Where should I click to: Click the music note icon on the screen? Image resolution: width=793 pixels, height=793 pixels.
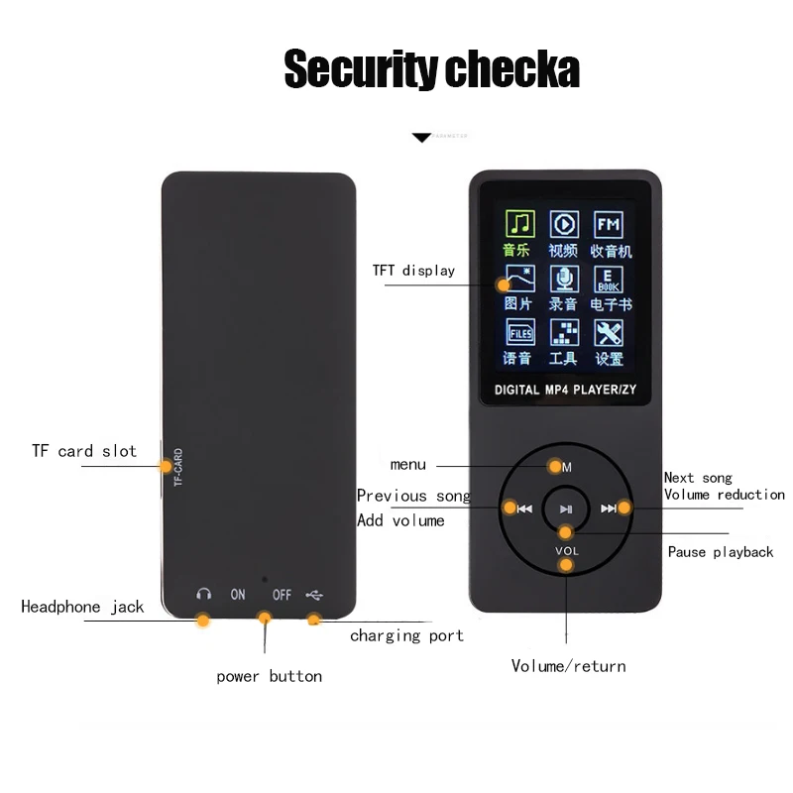click(519, 224)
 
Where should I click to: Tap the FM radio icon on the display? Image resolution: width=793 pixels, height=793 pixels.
click(609, 224)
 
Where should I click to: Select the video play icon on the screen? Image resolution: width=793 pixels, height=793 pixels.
click(564, 224)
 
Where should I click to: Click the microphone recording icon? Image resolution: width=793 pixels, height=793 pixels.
click(564, 279)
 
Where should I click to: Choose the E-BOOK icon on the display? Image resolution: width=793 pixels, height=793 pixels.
click(609, 279)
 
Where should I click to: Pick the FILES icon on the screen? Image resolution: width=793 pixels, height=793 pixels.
click(519, 332)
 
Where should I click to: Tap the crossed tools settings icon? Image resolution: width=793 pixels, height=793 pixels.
click(609, 332)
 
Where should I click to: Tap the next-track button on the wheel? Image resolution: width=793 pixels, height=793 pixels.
click(609, 509)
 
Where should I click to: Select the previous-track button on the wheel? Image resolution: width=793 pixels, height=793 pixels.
click(524, 509)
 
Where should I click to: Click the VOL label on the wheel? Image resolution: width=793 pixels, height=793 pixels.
click(566, 550)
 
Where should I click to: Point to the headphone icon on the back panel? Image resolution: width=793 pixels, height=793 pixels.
click(203, 595)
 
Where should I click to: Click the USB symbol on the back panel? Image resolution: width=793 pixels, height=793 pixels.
click(314, 595)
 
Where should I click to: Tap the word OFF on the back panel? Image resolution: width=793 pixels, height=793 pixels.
click(282, 595)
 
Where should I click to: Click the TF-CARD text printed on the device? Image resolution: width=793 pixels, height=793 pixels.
click(178, 466)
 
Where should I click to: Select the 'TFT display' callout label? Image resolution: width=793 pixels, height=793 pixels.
click(413, 270)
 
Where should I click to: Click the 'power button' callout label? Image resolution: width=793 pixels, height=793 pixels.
click(269, 676)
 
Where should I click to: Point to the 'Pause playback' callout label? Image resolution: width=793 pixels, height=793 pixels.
click(720, 551)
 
